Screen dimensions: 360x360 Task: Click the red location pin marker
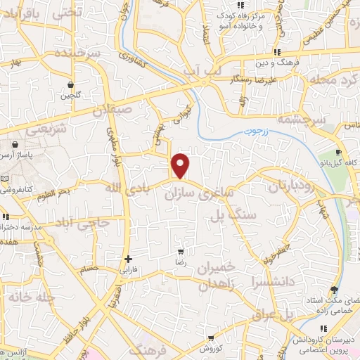(x=181, y=165)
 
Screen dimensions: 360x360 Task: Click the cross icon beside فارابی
(x=128, y=259)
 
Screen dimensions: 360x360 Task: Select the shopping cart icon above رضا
(x=181, y=251)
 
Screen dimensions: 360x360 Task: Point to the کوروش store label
(x=210, y=348)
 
